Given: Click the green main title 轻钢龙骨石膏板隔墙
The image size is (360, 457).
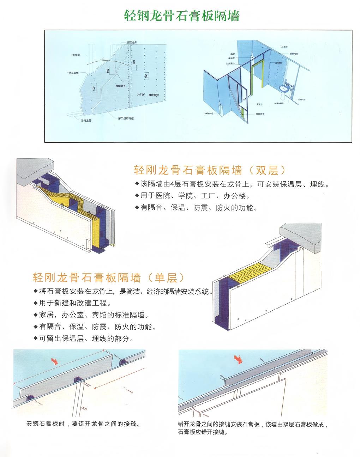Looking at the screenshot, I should (182, 16).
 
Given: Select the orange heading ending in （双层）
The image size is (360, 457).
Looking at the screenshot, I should (210, 170).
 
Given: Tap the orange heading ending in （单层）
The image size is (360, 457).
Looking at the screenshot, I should (109, 278).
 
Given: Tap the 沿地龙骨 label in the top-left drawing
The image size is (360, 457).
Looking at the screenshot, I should (86, 121).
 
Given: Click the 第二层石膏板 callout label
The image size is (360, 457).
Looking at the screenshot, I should (126, 118).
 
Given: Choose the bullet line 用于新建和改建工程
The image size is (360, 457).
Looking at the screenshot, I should (74, 303).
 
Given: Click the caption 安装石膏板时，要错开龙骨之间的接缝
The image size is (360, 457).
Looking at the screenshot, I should (83, 424).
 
